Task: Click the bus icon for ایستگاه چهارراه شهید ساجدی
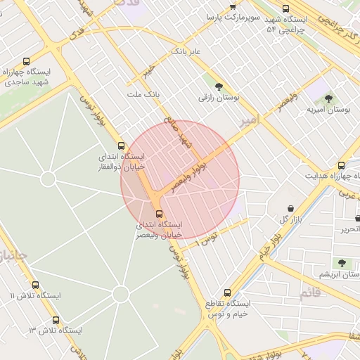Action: [x=27, y=62]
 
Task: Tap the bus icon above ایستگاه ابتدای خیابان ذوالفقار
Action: [x=122, y=146]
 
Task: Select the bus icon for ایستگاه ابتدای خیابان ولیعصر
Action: [x=159, y=214]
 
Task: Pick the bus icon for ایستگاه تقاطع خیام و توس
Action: [x=227, y=292]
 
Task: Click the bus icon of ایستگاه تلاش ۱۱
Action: [x=36, y=285]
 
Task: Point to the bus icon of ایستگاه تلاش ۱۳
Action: [x=56, y=320]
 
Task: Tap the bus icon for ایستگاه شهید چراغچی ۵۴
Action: [x=285, y=9]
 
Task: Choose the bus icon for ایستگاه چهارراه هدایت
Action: [x=342, y=165]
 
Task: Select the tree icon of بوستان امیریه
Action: [x=328, y=98]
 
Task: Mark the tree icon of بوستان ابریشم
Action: [x=342, y=263]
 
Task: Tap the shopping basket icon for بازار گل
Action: [x=291, y=209]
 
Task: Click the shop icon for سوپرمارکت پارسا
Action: [x=233, y=6]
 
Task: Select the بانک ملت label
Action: [x=143, y=94]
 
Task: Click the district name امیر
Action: [x=249, y=120]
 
